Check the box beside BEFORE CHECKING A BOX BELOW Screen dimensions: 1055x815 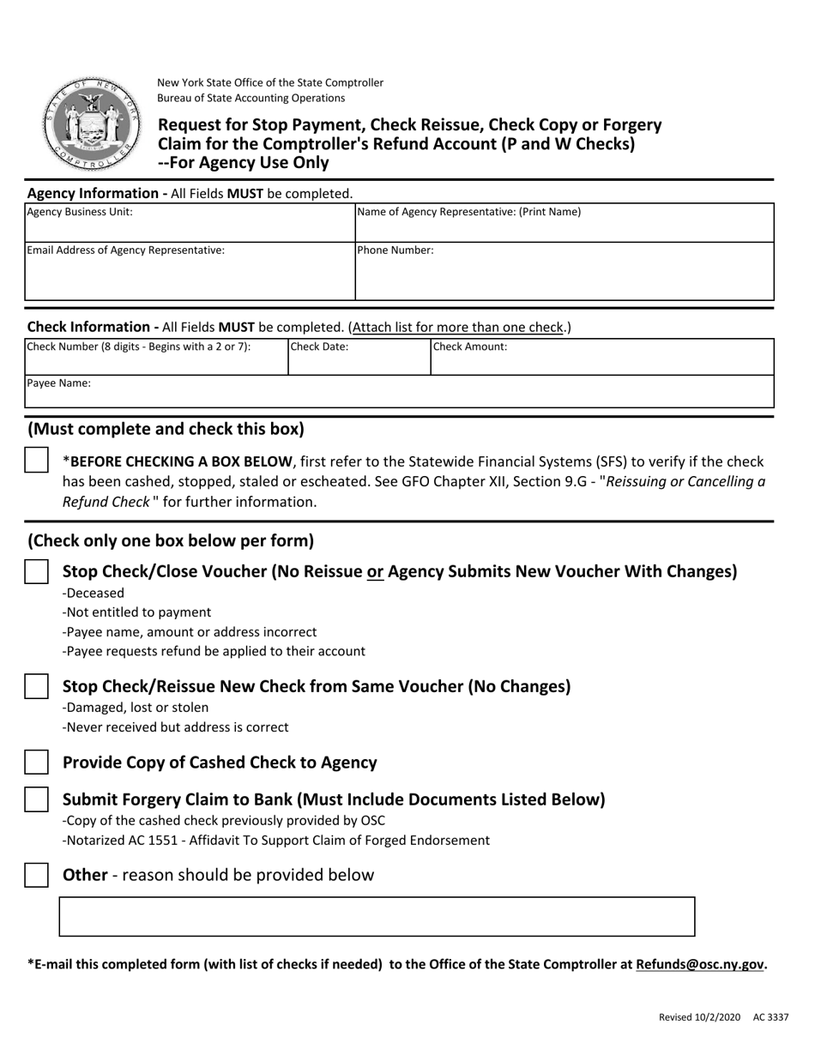(x=36, y=461)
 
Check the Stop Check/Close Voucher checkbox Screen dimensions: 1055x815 (x=36, y=572)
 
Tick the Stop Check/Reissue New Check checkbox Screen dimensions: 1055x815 (x=36, y=687)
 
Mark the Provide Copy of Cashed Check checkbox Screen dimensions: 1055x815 (x=36, y=763)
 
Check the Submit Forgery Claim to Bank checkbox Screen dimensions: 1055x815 (x=36, y=799)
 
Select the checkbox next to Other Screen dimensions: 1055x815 (x=36, y=876)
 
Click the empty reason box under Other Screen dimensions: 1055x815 (x=377, y=916)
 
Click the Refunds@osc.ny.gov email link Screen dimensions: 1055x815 (x=700, y=964)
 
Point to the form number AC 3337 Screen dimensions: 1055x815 (x=770, y=1017)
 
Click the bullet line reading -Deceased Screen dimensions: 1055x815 (x=94, y=593)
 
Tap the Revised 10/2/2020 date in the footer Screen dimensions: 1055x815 (x=699, y=1017)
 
